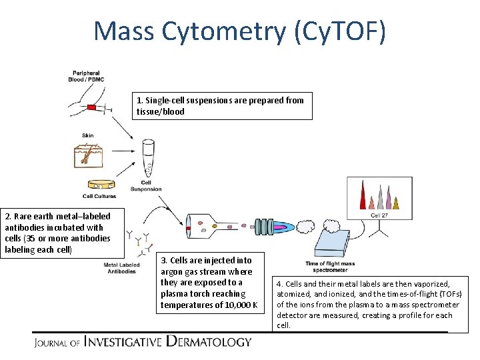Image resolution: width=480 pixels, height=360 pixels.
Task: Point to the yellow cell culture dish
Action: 99,185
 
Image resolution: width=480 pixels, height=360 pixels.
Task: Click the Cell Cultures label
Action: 99,196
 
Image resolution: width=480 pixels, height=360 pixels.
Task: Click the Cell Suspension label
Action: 146,186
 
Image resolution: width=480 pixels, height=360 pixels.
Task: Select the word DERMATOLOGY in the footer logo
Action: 209,342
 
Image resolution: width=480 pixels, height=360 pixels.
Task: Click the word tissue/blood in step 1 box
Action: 161,111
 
